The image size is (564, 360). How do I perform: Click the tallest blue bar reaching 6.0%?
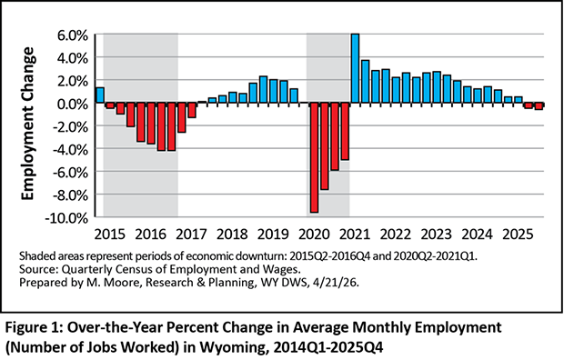pos(355,68)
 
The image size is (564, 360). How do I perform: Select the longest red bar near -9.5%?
pos(315,157)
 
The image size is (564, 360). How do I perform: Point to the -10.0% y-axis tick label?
pos(66,218)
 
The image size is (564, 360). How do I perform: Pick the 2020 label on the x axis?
pos(314,235)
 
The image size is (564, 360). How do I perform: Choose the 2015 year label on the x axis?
pos(110,235)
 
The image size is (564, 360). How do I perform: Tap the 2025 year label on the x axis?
pos(518,235)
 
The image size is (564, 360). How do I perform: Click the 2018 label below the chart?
pos(232,235)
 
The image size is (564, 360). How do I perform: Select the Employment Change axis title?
pos(27,124)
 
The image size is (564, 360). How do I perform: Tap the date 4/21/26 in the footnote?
pos(336,283)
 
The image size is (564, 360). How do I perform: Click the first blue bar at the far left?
pos(100,95)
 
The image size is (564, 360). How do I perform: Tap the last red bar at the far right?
pos(539,106)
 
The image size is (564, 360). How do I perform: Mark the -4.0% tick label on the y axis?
pos(70,150)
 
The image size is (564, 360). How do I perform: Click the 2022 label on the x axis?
pos(396,235)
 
